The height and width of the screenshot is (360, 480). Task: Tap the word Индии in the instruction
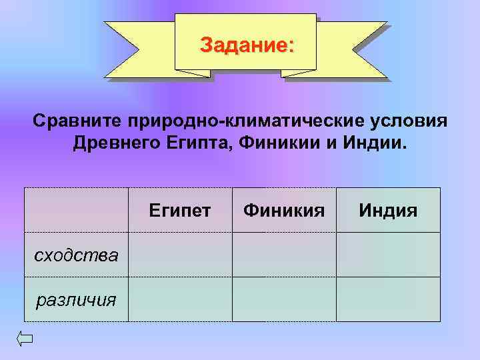tap(373, 144)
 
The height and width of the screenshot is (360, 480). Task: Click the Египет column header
tap(180, 211)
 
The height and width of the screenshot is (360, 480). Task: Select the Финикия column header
tap(284, 211)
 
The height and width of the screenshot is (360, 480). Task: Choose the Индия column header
tap(388, 211)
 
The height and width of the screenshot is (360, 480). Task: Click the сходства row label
tap(77, 255)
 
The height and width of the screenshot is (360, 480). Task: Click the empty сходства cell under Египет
tap(180, 255)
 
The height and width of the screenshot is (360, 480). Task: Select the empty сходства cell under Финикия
tap(284, 255)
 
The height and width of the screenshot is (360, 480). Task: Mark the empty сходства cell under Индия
tap(388, 255)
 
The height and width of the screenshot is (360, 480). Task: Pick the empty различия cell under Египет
tap(180, 299)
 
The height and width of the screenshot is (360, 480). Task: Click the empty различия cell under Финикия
tap(284, 299)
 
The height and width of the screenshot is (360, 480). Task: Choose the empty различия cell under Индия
tap(388, 299)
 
